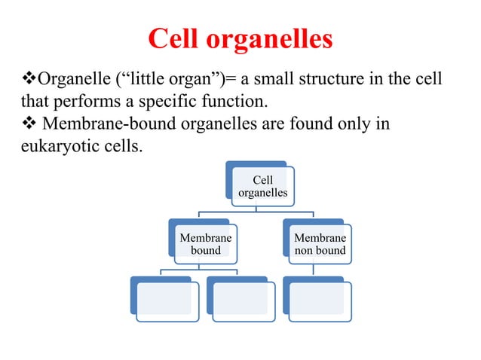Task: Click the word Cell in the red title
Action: click(175, 38)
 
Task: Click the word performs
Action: click(86, 101)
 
